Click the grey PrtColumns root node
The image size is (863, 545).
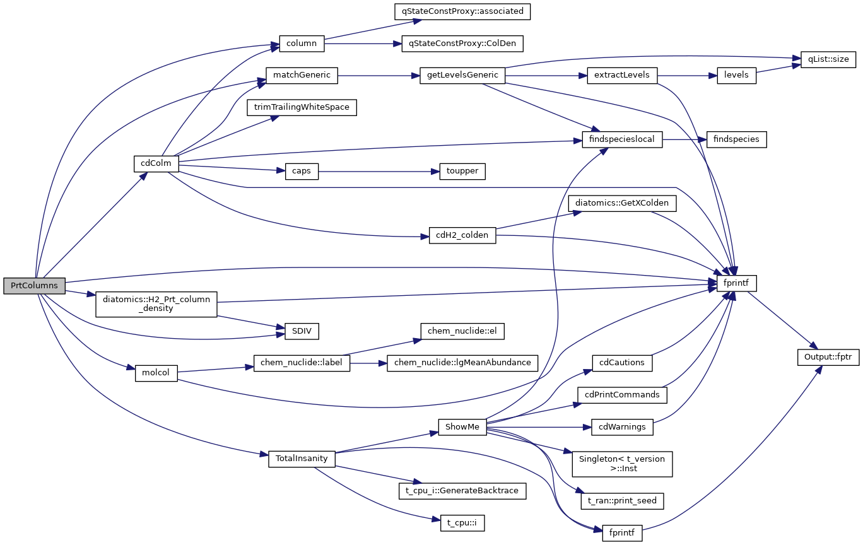click(x=34, y=286)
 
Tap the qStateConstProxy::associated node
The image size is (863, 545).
click(x=461, y=11)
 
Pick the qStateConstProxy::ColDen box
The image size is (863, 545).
click(x=462, y=44)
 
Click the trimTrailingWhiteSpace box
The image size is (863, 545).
click(x=302, y=107)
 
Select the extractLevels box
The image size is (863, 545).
click(x=622, y=76)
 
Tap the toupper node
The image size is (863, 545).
click(x=462, y=172)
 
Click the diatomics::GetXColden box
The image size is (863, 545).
click(x=622, y=204)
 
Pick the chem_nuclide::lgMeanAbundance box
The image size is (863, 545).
click(x=462, y=363)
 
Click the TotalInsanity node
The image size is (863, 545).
click(x=302, y=459)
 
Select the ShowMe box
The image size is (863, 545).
click(x=462, y=427)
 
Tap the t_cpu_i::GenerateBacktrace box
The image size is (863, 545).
click(x=462, y=491)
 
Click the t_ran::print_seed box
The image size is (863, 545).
click(x=622, y=501)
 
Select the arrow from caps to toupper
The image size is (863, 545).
click(x=379, y=172)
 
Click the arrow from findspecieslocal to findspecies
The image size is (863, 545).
click(x=684, y=139)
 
